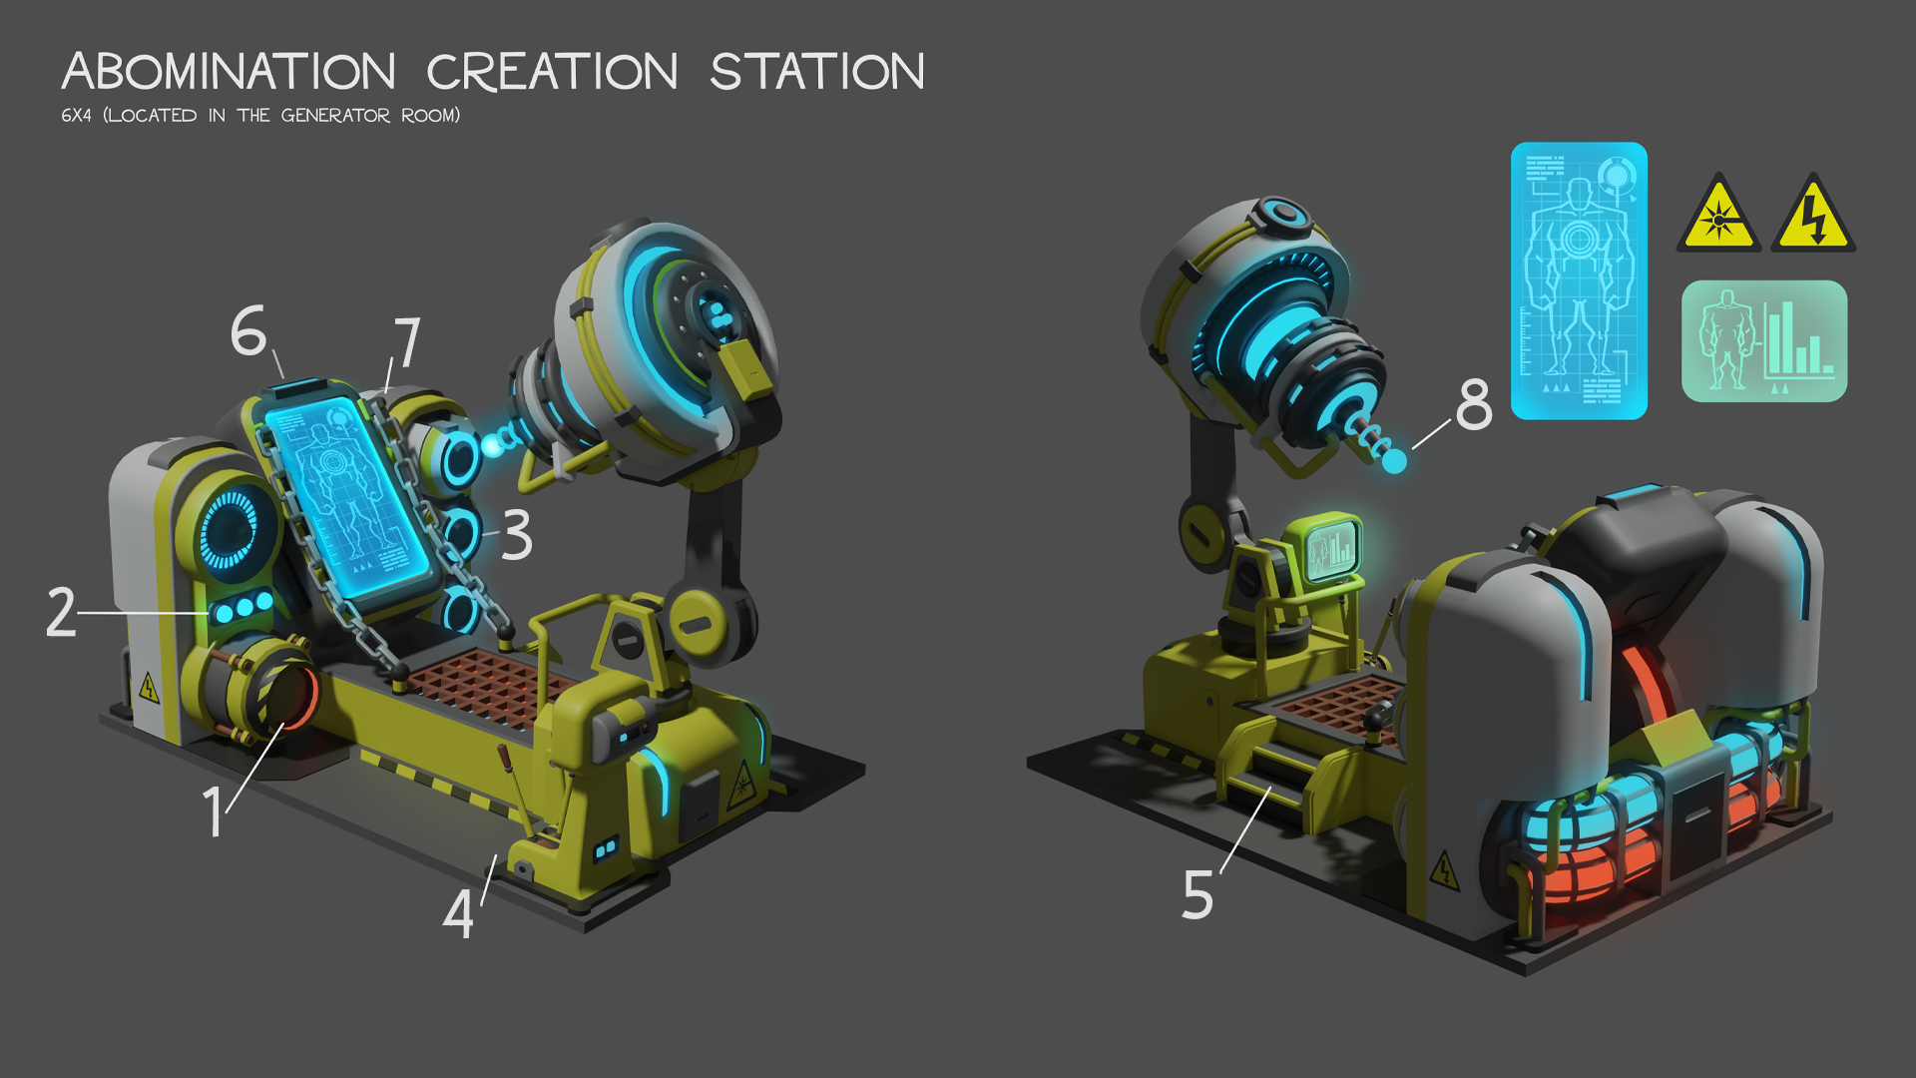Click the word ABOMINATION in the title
click(x=229, y=72)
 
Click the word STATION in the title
click(x=817, y=72)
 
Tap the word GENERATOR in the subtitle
click(x=335, y=116)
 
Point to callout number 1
click(x=213, y=809)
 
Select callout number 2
click(x=61, y=612)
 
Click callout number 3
click(x=517, y=535)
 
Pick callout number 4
click(x=457, y=913)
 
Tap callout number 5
click(x=1197, y=894)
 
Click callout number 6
click(x=248, y=331)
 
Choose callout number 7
click(x=407, y=342)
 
